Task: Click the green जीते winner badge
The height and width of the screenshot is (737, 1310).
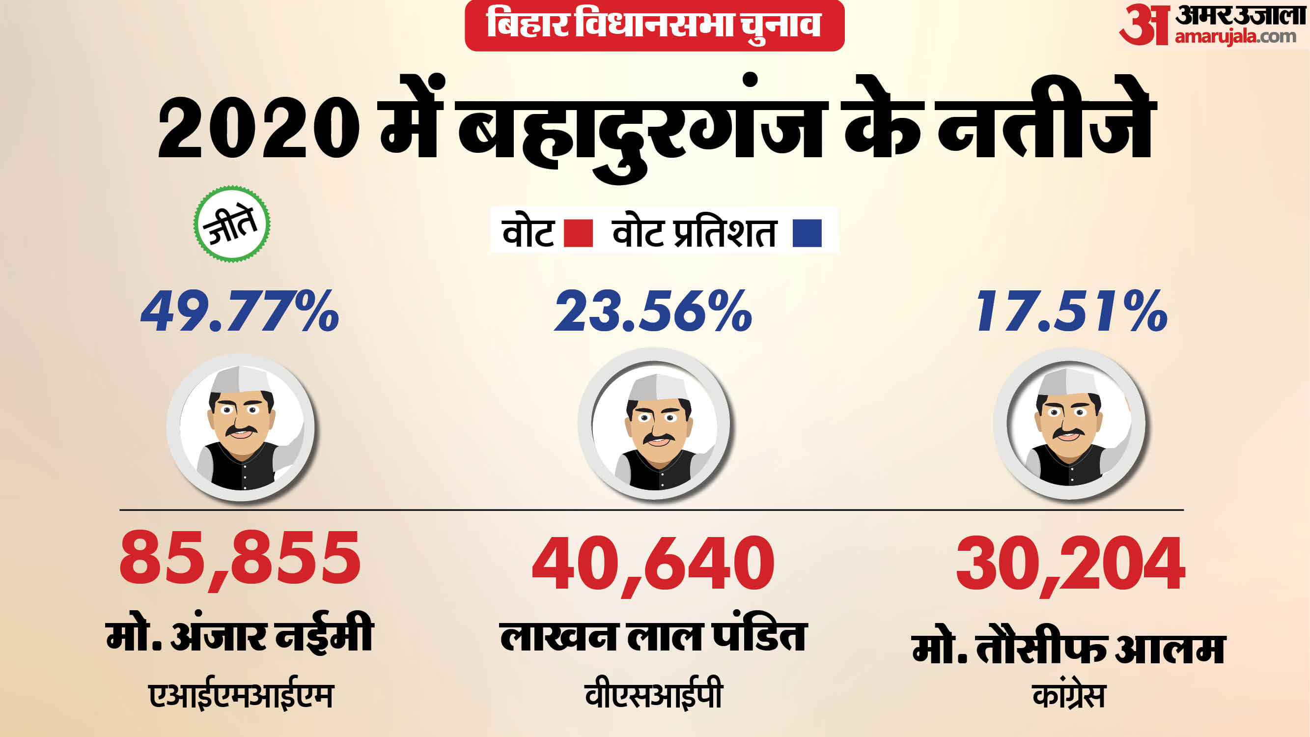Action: [x=232, y=224]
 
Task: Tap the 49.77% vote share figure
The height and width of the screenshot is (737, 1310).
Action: [x=240, y=311]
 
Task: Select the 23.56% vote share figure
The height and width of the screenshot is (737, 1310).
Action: [x=653, y=311]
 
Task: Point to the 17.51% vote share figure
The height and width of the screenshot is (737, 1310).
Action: [x=1071, y=311]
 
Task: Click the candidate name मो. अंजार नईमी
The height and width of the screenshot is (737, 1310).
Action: [x=240, y=633]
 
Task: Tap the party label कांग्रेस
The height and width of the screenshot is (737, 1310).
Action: [x=1068, y=694]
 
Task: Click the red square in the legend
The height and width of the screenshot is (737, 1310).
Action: [x=578, y=233]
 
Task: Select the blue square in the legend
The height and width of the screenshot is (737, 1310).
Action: [x=807, y=233]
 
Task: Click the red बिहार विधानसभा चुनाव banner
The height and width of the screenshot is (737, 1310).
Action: [x=654, y=26]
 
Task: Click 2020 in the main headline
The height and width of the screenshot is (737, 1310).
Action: [x=258, y=127]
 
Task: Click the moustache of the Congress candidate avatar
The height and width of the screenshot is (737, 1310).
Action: [x=1069, y=432]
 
